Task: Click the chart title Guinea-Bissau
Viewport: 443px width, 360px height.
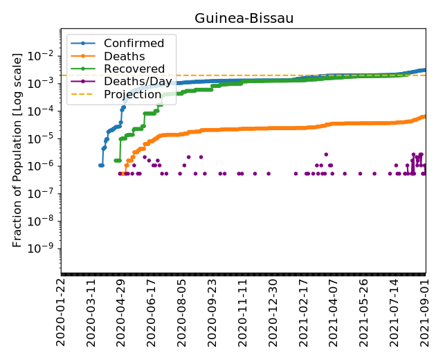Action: [244, 18]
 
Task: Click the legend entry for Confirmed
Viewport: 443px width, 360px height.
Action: [134, 44]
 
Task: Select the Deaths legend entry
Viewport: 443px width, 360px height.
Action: [124, 56]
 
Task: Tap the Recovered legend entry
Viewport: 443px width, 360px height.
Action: [134, 69]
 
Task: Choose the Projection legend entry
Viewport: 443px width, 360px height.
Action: [132, 94]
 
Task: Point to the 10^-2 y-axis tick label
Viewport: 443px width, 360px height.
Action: [45, 55]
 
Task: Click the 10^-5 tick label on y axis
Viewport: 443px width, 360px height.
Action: [45, 138]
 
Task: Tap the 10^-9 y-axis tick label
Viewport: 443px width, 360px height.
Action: [45, 248]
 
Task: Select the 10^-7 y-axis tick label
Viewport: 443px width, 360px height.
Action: [45, 193]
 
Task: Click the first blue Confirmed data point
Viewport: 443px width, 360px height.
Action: [100, 165]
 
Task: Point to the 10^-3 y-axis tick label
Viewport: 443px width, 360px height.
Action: [45, 83]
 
